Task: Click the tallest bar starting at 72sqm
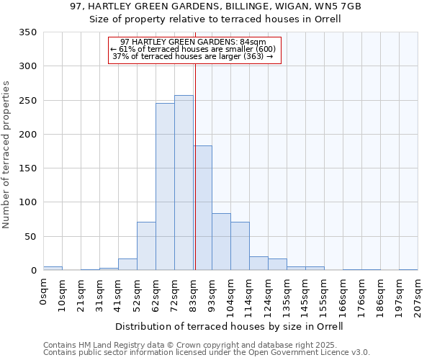click(x=184, y=183)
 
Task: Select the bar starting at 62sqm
click(x=165, y=187)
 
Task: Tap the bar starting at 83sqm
click(x=202, y=208)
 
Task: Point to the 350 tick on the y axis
click(x=27, y=32)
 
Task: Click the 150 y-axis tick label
click(x=27, y=168)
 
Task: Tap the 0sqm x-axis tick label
click(x=44, y=291)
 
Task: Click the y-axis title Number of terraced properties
click(x=7, y=155)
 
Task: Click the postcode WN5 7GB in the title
click(x=336, y=6)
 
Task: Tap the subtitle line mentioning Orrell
click(x=215, y=19)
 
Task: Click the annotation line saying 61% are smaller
click(x=193, y=49)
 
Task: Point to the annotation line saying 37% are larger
click(x=193, y=56)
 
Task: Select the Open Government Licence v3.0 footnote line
click(x=207, y=353)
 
